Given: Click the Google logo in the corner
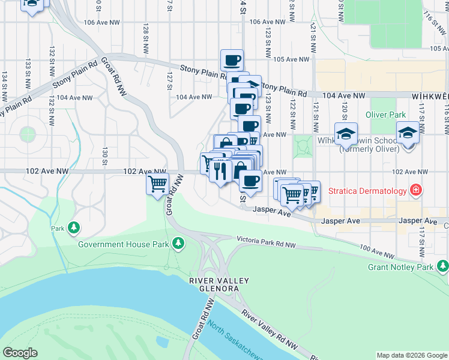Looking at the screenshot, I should click(20, 353).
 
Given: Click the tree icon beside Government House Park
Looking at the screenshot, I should click(178, 243).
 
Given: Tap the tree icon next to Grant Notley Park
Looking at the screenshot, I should click(442, 265).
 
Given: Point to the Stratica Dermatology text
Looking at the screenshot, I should click(367, 192).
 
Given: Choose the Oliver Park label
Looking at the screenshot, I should click(386, 115).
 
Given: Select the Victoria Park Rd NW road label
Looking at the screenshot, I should click(266, 242).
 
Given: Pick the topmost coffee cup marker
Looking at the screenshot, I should click(232, 59).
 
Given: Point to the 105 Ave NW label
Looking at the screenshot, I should click(291, 59).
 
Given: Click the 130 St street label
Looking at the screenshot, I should click(104, 157).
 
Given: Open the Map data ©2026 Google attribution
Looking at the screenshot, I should click(412, 355).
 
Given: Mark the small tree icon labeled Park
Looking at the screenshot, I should click(74, 227).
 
